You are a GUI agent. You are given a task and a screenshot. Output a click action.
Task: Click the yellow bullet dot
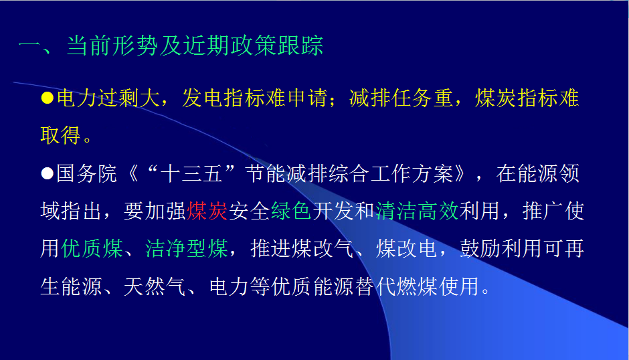click(x=48, y=98)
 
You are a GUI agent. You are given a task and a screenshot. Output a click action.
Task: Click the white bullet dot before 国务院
click(x=48, y=173)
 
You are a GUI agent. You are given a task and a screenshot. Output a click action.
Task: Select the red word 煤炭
click(x=207, y=211)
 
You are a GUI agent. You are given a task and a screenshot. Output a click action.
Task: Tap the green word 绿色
click(x=291, y=211)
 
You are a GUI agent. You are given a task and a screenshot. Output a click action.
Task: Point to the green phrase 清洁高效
click(x=417, y=211)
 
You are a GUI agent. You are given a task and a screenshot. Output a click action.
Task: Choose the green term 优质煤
click(x=92, y=248)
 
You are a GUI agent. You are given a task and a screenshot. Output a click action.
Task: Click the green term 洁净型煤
click(x=187, y=248)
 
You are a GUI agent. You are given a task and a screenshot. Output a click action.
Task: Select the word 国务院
click(x=86, y=173)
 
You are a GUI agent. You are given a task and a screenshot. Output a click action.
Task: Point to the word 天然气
click(x=155, y=286)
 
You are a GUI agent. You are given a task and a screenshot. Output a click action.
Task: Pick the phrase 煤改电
click(x=407, y=248)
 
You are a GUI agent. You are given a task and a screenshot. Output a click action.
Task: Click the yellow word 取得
click(x=61, y=135)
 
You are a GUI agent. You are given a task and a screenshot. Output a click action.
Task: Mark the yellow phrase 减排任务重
click(x=401, y=98)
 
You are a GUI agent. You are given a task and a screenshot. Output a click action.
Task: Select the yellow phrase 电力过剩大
click(x=108, y=98)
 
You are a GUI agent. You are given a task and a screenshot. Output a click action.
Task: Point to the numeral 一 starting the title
click(x=29, y=45)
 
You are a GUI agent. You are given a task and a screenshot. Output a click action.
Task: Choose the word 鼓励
click(x=480, y=248)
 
